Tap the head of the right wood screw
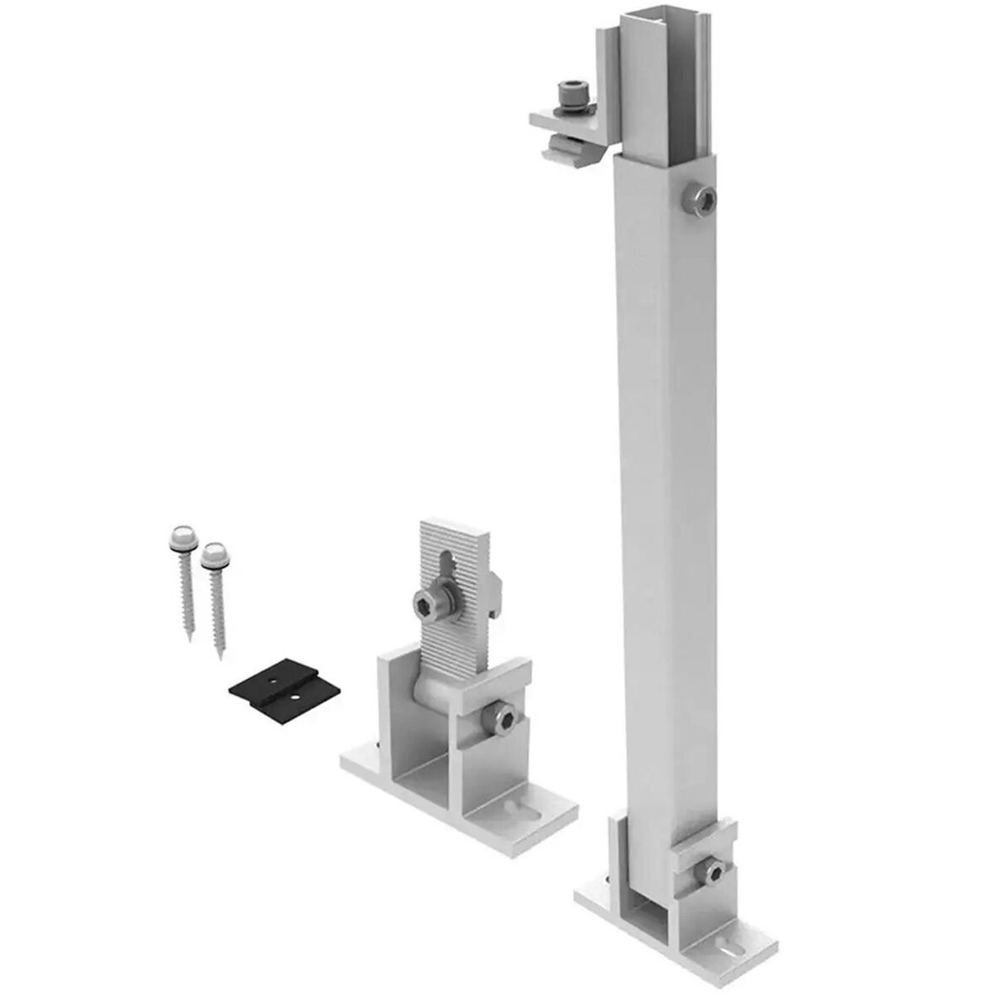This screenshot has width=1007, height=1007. tap(214, 551)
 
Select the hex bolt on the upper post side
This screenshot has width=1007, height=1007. tap(701, 200)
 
